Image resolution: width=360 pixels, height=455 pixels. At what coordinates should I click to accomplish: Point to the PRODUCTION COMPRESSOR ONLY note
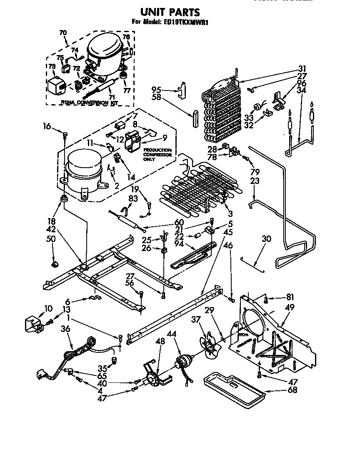(157, 154)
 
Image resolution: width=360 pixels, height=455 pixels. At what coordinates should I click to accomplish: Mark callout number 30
(267, 239)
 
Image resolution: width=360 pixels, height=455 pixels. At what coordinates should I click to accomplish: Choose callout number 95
(156, 89)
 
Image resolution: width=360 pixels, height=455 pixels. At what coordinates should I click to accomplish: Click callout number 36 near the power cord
(65, 329)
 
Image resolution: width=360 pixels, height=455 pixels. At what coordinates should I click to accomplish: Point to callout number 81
(290, 297)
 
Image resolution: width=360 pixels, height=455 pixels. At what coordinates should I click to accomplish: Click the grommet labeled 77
(123, 75)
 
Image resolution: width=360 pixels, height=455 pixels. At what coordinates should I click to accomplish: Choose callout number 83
(132, 199)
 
